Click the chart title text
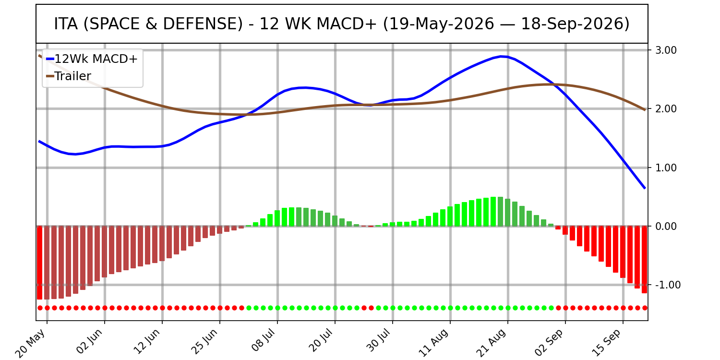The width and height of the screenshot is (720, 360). (x=342, y=24)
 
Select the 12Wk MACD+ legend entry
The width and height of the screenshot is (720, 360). (x=92, y=59)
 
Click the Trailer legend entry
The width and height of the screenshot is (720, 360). (x=69, y=76)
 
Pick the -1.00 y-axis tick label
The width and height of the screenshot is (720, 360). (x=667, y=285)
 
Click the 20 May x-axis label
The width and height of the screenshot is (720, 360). (x=31, y=343)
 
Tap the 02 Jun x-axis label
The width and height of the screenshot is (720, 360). (x=89, y=342)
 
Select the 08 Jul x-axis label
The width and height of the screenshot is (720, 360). (x=263, y=341)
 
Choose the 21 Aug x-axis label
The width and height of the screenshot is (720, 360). (x=492, y=343)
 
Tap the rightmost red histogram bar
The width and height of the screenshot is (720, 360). (x=644, y=260)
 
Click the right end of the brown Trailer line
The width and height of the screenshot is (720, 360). (x=645, y=110)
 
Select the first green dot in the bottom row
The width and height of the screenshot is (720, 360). (x=249, y=308)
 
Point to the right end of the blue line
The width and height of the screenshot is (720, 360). (x=645, y=188)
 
